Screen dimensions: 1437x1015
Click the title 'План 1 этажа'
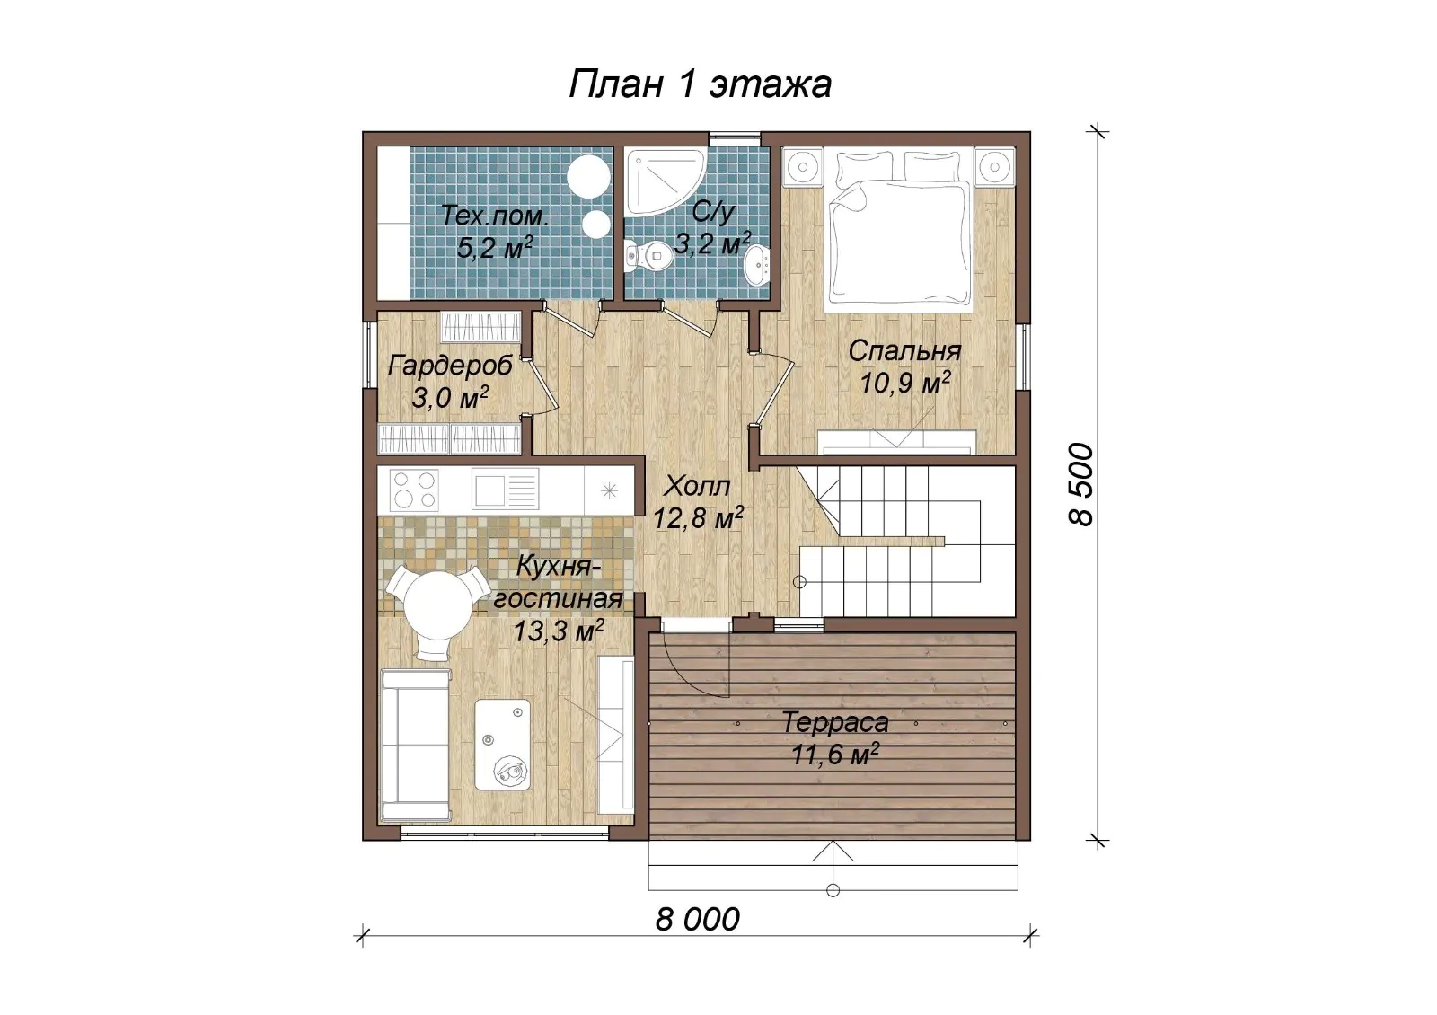(x=700, y=84)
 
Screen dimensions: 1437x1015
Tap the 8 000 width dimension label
(x=697, y=920)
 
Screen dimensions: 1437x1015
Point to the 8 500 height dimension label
(x=1080, y=484)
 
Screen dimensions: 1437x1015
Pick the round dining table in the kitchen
(x=438, y=603)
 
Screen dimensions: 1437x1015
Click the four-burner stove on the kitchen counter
(x=414, y=490)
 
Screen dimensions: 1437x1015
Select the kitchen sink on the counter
(x=506, y=489)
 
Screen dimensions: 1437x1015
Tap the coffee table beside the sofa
(x=502, y=745)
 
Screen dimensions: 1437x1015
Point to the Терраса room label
(x=835, y=723)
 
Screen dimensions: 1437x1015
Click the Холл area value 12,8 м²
(x=698, y=518)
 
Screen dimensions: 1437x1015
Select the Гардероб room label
(x=450, y=366)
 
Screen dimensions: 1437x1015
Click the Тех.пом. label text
(x=495, y=216)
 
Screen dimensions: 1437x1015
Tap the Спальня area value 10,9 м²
(x=904, y=384)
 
